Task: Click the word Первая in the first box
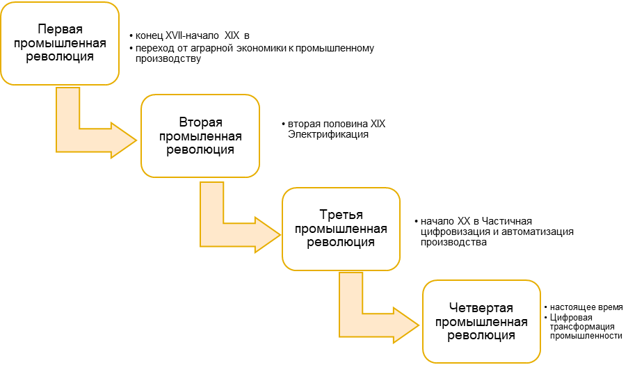pyautogui.click(x=61, y=31)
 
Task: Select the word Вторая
pyautogui.click(x=200, y=123)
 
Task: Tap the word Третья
pyautogui.click(x=341, y=216)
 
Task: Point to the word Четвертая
pyautogui.click(x=481, y=309)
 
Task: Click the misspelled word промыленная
pyautogui.click(x=200, y=136)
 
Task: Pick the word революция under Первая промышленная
pyautogui.click(x=61, y=57)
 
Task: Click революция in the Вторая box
pyautogui.click(x=200, y=149)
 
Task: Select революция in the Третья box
pyautogui.click(x=341, y=243)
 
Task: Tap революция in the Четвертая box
pyautogui.click(x=481, y=335)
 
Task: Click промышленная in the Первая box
pyautogui.click(x=61, y=44)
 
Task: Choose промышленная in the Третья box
pyautogui.click(x=341, y=229)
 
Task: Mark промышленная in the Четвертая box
pyautogui.click(x=481, y=322)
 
